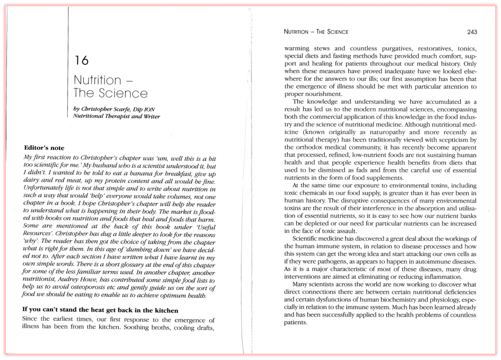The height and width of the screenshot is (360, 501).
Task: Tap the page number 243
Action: [x=469, y=32]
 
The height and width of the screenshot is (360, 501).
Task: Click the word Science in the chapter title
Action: [x=122, y=94]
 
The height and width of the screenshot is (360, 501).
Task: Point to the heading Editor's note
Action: [x=44, y=147]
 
